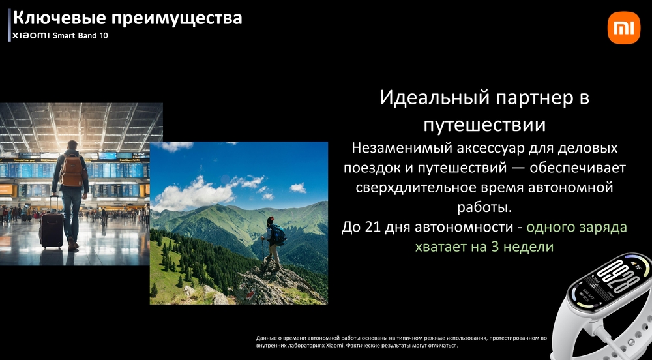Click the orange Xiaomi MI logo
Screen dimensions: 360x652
click(624, 28)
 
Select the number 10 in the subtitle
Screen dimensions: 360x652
click(103, 35)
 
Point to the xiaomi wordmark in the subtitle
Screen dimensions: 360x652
click(31, 35)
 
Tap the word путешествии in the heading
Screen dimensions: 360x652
click(484, 123)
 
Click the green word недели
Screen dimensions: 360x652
click(526, 247)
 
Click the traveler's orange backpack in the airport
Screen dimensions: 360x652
click(72, 170)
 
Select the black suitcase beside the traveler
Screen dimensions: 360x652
click(52, 228)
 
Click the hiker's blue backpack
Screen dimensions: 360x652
click(278, 234)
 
